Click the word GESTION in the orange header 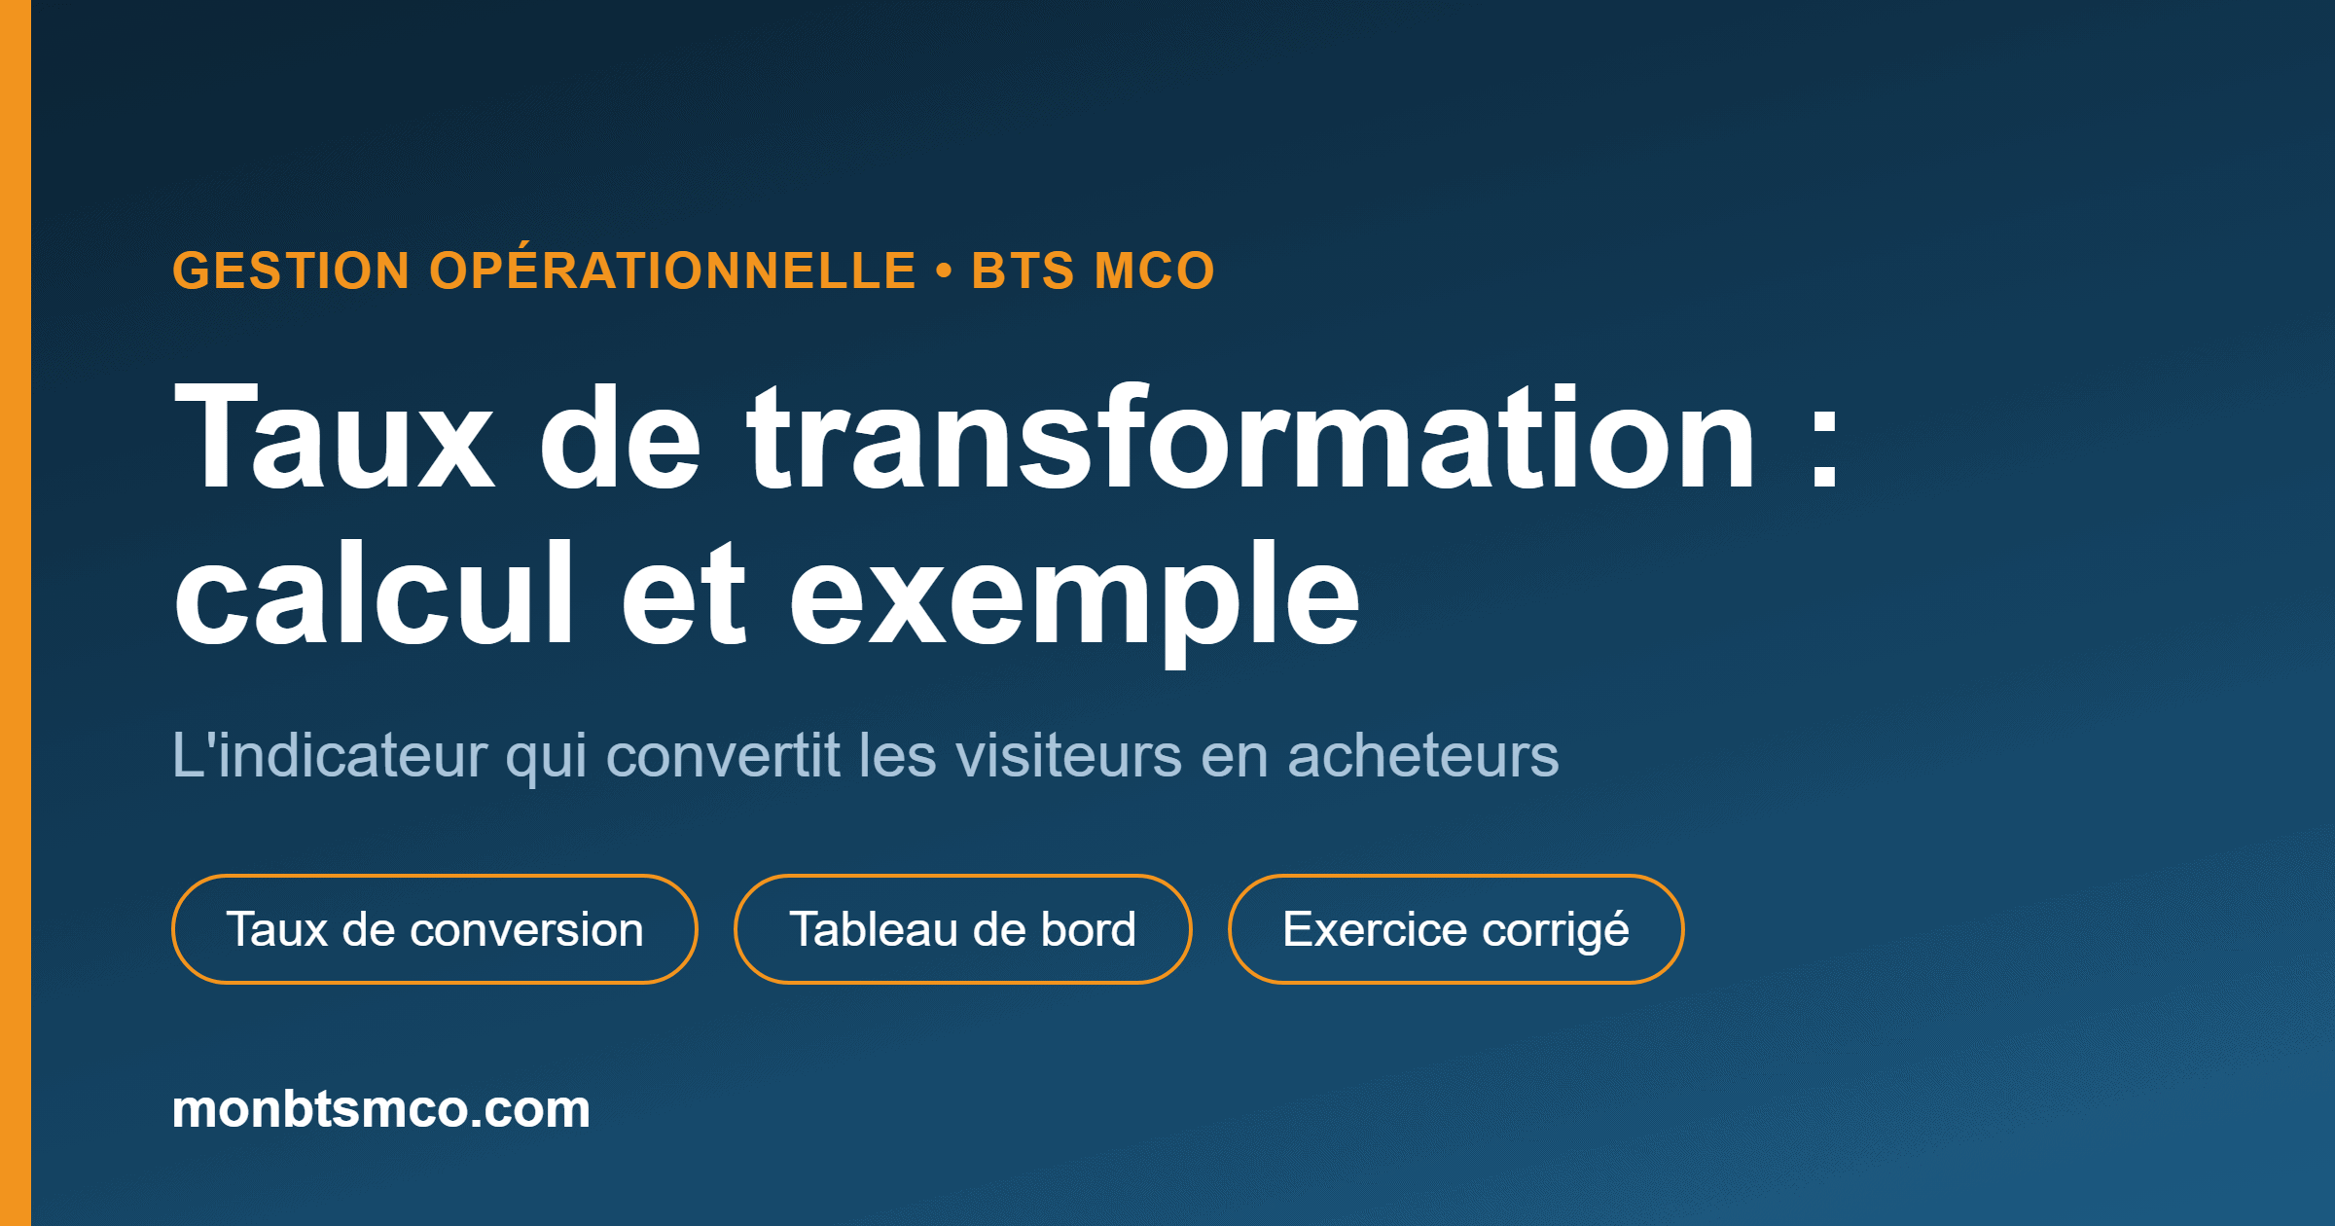click(291, 270)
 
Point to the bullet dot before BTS click(944, 270)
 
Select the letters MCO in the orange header click(1155, 270)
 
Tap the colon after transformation click(1824, 448)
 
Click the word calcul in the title click(375, 593)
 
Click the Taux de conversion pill click(435, 929)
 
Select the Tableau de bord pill click(963, 929)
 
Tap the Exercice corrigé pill click(1456, 929)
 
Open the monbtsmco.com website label click(381, 1108)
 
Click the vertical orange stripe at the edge click(16, 613)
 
